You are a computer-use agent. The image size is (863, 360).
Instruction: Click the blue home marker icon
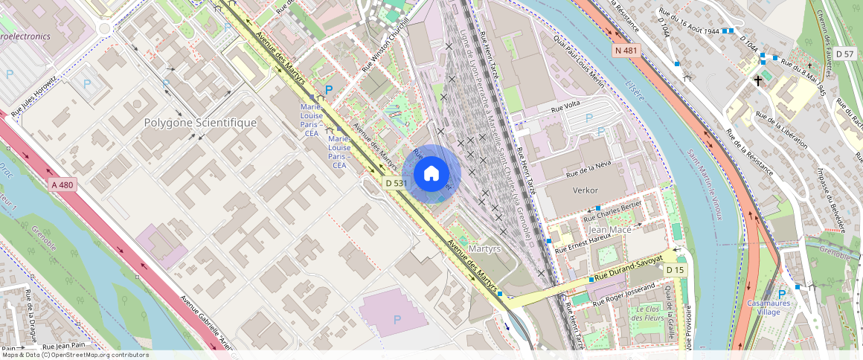431,174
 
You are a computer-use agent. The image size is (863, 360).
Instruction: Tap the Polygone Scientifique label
200,123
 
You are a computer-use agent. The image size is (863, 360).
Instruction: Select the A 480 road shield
63,184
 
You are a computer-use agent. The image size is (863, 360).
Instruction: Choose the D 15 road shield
675,269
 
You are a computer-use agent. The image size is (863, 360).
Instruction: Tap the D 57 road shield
844,54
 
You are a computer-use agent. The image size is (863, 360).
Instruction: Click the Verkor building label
585,190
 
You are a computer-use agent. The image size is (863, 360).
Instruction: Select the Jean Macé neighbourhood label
610,230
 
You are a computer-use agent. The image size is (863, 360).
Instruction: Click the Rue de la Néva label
588,169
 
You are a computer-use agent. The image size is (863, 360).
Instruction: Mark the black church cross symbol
759,80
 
